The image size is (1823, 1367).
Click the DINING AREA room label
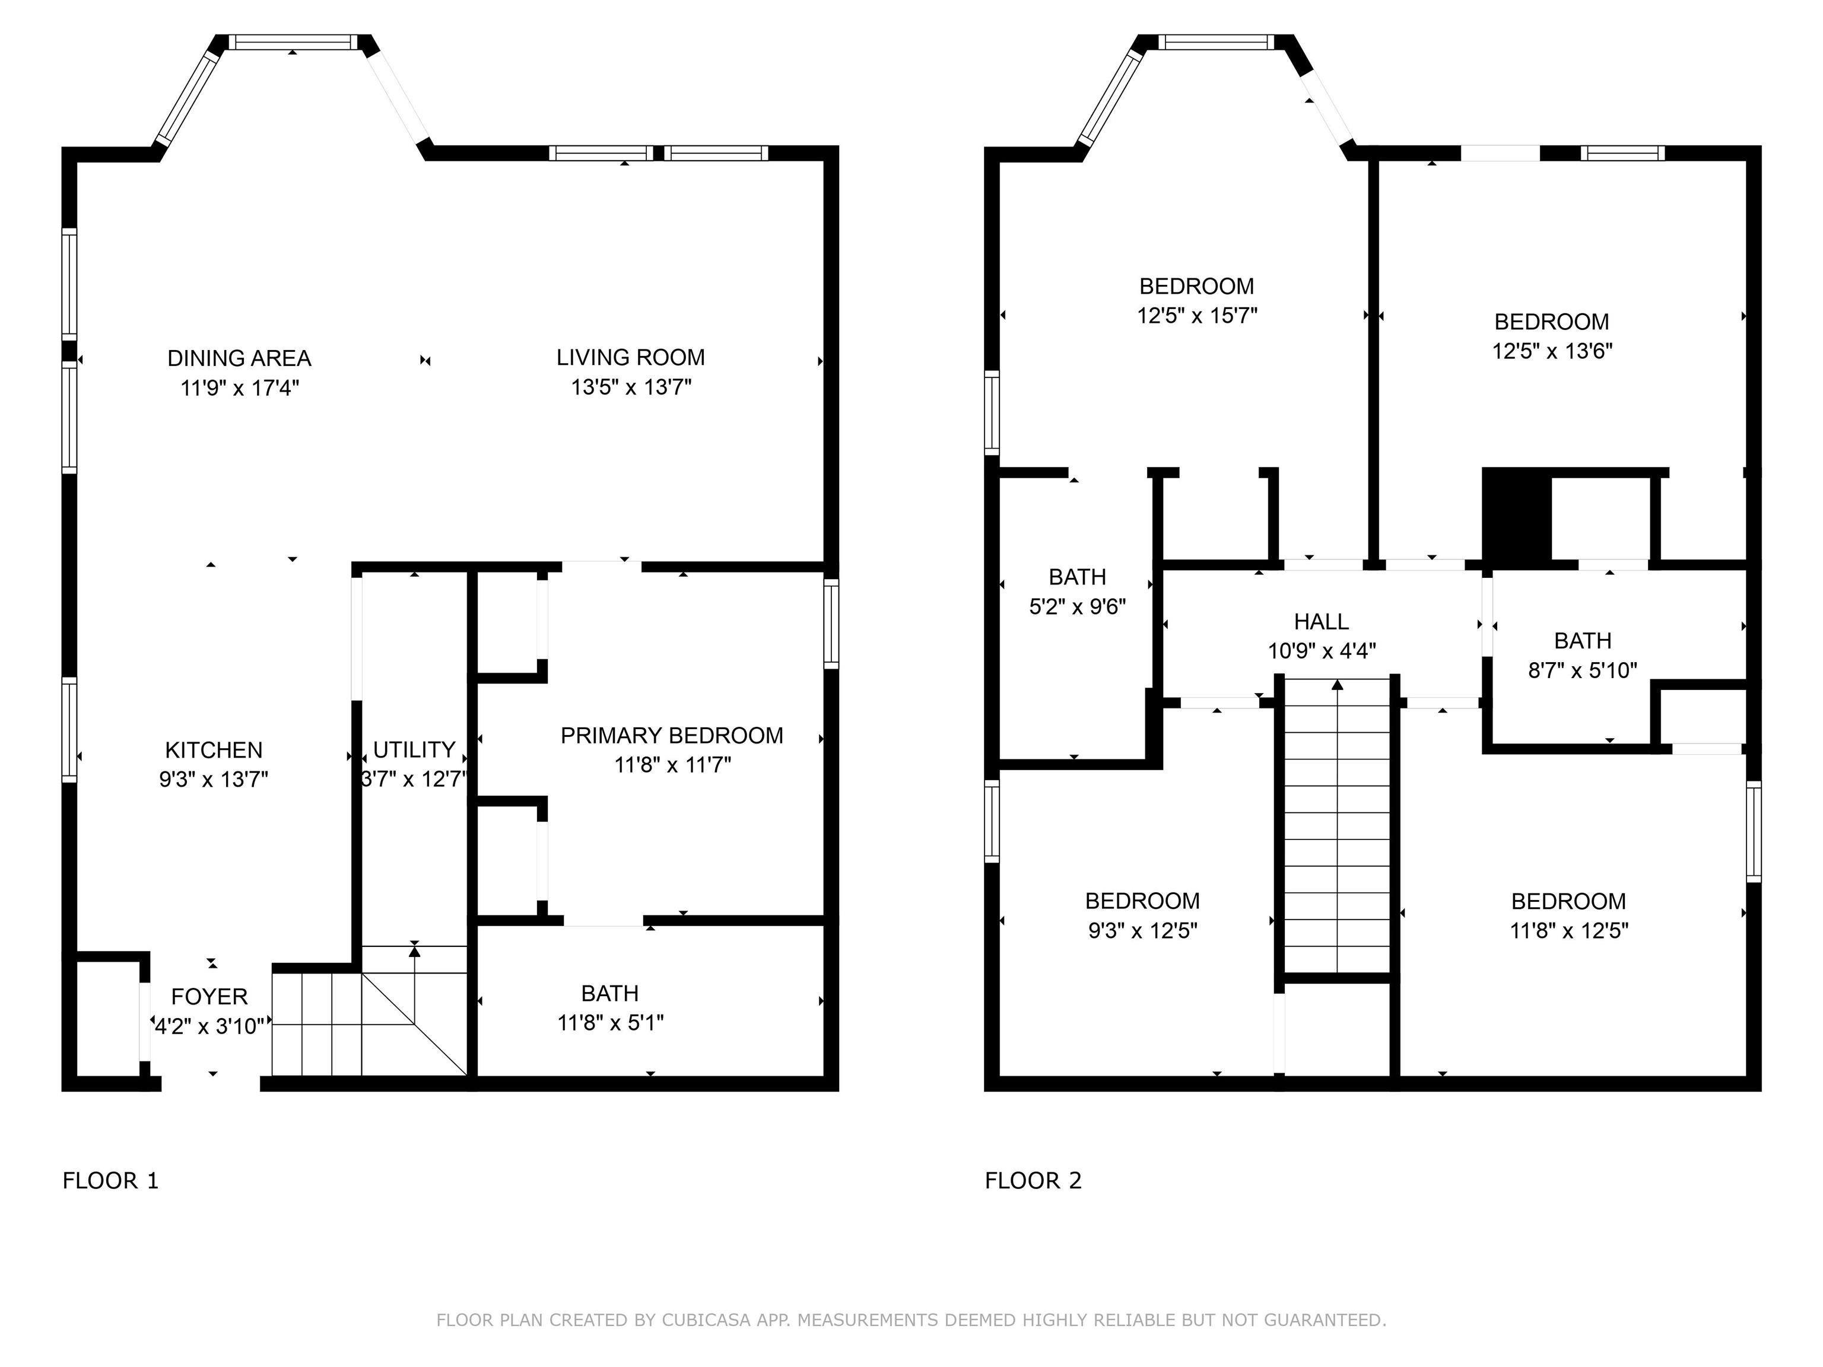pos(239,358)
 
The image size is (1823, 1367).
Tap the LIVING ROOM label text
pos(630,358)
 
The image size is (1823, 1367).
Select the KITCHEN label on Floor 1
pos(214,750)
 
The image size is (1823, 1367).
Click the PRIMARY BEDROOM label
pos(672,736)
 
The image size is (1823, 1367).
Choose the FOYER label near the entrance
pos(209,997)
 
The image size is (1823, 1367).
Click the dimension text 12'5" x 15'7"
pos(1198,316)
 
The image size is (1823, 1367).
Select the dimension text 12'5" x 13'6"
pos(1552,351)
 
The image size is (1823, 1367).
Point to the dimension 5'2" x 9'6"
pos(1077,606)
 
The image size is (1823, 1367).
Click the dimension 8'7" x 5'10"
pos(1582,670)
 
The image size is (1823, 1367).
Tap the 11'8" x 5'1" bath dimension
pos(611,1022)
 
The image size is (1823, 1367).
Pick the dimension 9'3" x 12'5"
pos(1142,930)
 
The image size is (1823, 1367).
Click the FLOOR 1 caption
pos(110,1181)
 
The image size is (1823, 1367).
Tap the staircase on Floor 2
pos(1337,826)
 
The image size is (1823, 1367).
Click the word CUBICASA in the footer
pos(706,1320)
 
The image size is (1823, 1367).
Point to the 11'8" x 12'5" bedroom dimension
pos(1569,930)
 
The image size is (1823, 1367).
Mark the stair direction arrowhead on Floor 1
pos(415,952)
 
